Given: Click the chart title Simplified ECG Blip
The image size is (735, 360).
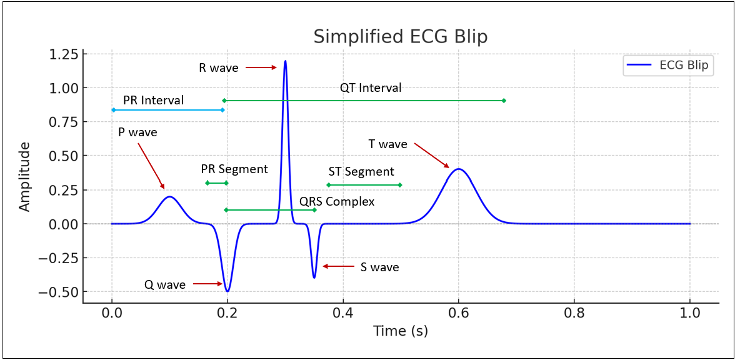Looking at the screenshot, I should [x=400, y=36].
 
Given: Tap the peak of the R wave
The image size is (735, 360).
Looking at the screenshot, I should [x=285, y=61].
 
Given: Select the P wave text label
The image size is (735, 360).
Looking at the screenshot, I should [x=137, y=132].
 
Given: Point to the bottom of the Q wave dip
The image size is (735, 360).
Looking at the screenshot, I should [x=227, y=291].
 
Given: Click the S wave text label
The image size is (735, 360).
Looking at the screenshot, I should [x=379, y=267].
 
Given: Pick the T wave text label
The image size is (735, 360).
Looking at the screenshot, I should [x=387, y=144].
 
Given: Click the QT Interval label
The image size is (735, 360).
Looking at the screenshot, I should [x=371, y=88].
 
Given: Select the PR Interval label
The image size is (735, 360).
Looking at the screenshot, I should [x=153, y=101].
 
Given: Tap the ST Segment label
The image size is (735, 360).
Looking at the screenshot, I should [x=361, y=172].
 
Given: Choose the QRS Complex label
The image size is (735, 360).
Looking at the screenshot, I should [x=337, y=202].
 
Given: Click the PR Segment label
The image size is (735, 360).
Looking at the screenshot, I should [x=234, y=169].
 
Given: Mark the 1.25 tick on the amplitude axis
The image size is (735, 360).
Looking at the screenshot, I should [x=63, y=54].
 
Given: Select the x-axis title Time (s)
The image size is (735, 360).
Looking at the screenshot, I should [x=401, y=331].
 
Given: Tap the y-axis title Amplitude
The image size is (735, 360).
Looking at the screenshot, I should [x=25, y=177].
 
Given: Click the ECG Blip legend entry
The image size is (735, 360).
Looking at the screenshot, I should [x=668, y=66].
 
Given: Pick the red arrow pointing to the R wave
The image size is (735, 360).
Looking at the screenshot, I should [x=261, y=67].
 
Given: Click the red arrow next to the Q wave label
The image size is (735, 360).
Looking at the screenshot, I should [x=207, y=284].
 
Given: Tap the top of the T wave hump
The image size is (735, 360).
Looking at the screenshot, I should [x=459, y=169].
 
